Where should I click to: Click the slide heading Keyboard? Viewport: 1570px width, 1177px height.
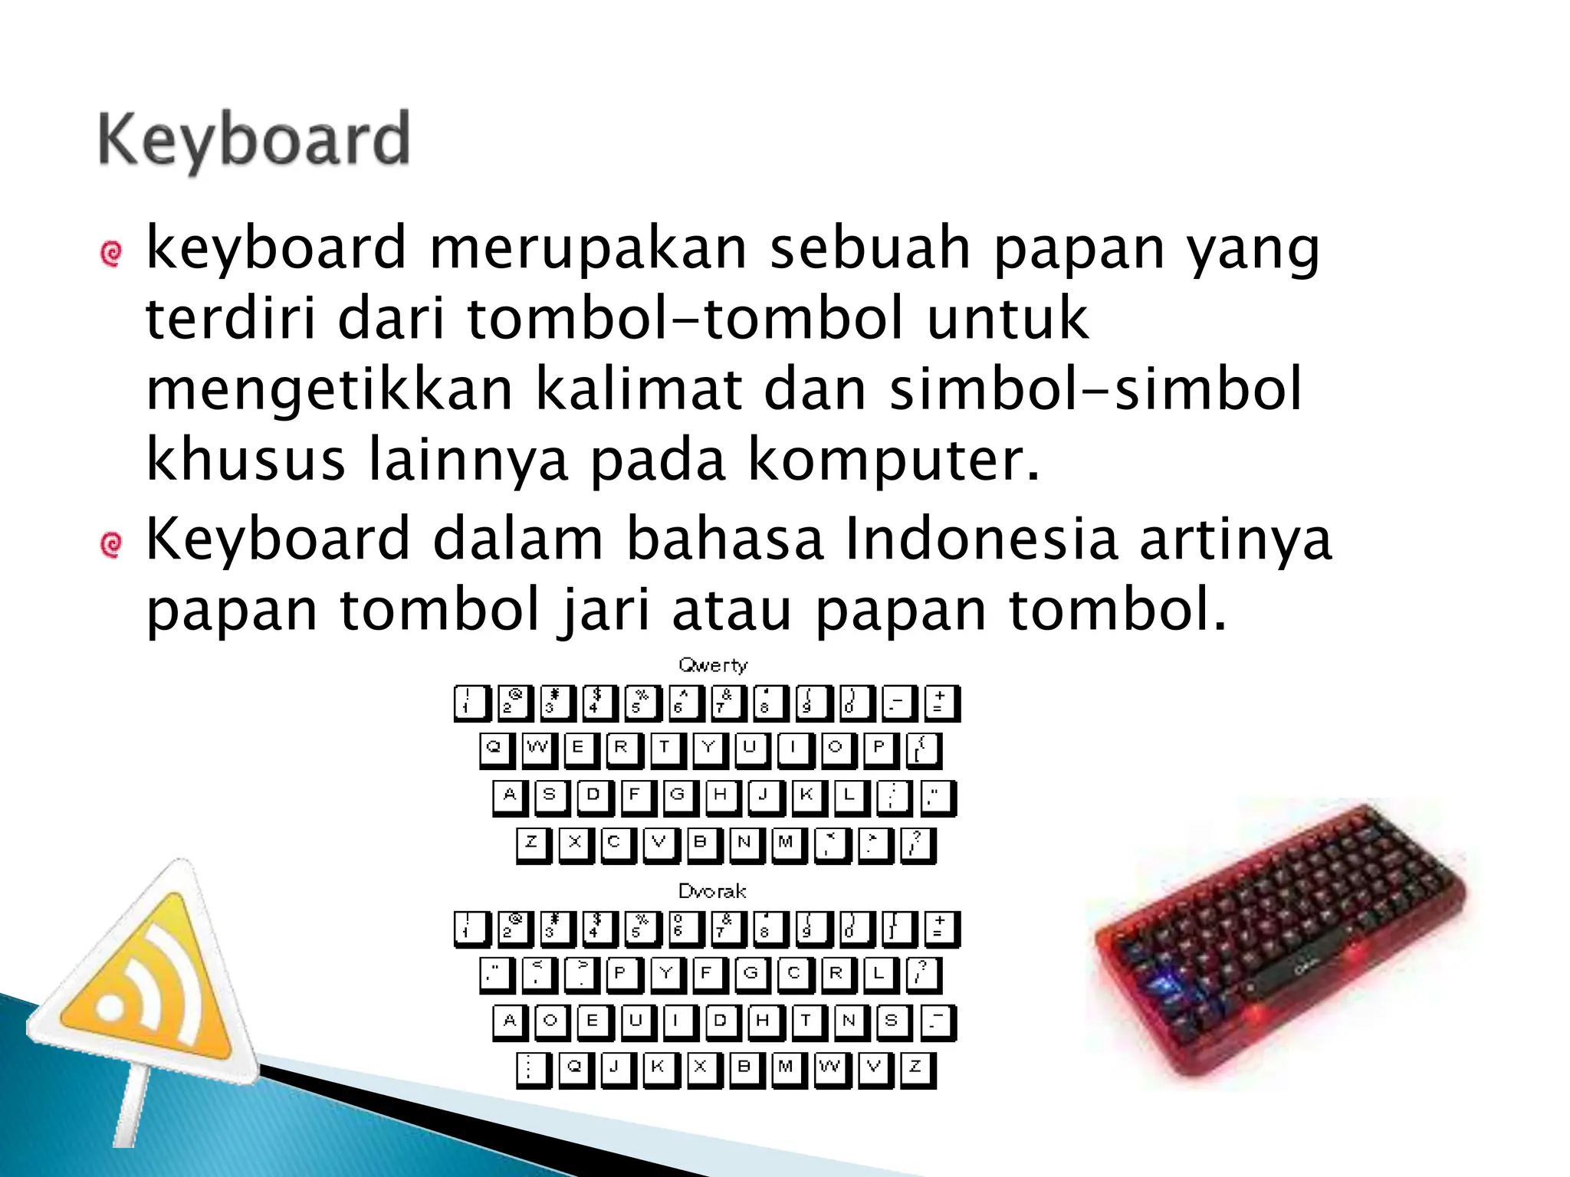254,140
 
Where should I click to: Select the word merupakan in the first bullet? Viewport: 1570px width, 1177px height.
587,248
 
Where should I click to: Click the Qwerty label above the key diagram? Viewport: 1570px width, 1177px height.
712,665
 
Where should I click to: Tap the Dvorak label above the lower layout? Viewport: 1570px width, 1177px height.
712,891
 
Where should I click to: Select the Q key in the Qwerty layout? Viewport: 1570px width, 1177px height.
496,749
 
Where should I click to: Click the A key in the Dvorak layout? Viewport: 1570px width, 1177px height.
510,1022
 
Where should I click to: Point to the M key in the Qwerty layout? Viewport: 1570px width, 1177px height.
787,844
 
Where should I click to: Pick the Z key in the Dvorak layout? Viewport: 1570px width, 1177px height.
916,1068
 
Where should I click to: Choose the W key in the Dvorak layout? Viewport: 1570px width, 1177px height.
830,1068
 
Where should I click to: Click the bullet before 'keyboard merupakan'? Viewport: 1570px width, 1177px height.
111,254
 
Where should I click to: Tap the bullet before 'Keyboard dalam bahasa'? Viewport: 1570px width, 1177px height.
111,545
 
